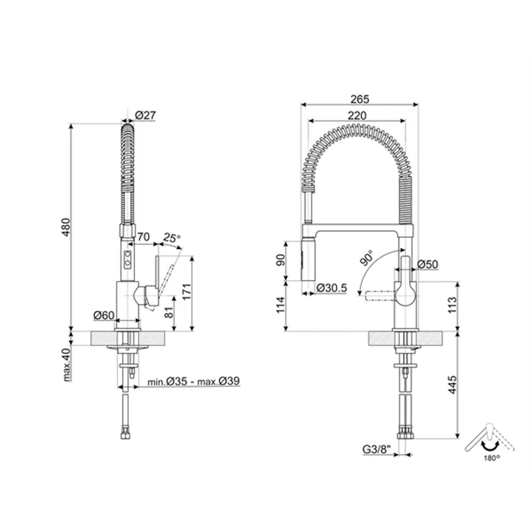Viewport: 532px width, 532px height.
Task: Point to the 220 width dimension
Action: tap(357, 116)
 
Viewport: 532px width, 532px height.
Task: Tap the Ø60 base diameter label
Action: tap(104, 315)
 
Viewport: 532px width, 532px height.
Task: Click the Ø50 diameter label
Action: tap(428, 264)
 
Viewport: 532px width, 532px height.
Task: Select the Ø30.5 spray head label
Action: tap(332, 288)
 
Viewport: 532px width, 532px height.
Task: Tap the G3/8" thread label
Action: tap(377, 449)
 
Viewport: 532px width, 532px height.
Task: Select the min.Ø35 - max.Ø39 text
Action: tap(193, 381)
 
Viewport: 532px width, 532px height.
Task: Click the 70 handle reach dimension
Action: tap(143, 237)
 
